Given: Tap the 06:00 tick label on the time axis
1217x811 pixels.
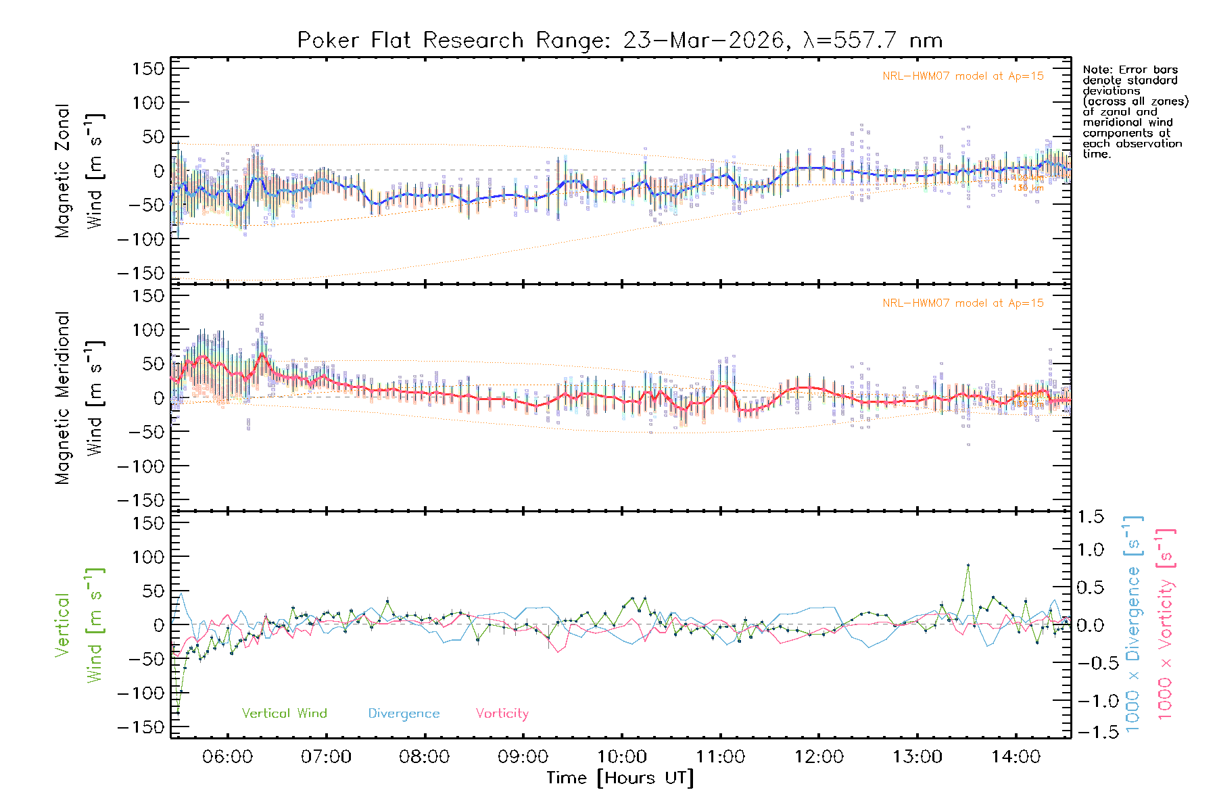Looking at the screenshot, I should (x=227, y=756).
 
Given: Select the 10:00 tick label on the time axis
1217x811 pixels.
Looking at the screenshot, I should (x=621, y=756).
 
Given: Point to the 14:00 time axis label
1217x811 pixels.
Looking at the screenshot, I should (x=1016, y=756).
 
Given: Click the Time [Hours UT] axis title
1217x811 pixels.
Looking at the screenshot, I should (x=620, y=778).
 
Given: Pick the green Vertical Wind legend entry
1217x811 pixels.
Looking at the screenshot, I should (x=284, y=713).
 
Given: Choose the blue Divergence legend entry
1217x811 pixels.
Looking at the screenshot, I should (x=404, y=713).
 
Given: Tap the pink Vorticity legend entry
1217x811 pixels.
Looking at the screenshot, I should (x=502, y=713).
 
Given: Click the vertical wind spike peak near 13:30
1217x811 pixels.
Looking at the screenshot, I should (x=968, y=565).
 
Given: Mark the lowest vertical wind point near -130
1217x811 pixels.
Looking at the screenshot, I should (x=178, y=713).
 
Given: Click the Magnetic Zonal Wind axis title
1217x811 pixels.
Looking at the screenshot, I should (x=79, y=170).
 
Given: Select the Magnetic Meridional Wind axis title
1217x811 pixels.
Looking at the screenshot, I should (x=79, y=397).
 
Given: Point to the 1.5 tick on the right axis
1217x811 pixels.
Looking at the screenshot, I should (x=1091, y=517).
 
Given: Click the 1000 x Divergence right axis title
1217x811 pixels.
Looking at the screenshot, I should (x=1133, y=624).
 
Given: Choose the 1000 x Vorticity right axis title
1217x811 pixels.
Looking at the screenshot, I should (x=1166, y=624).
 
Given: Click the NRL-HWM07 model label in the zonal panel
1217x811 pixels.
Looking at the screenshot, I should (x=963, y=76).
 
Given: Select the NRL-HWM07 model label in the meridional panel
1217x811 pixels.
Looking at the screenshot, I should (x=963, y=303).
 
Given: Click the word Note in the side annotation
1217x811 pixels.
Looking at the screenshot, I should (x=1097, y=70).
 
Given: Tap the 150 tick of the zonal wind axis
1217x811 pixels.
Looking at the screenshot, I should (x=148, y=68).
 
